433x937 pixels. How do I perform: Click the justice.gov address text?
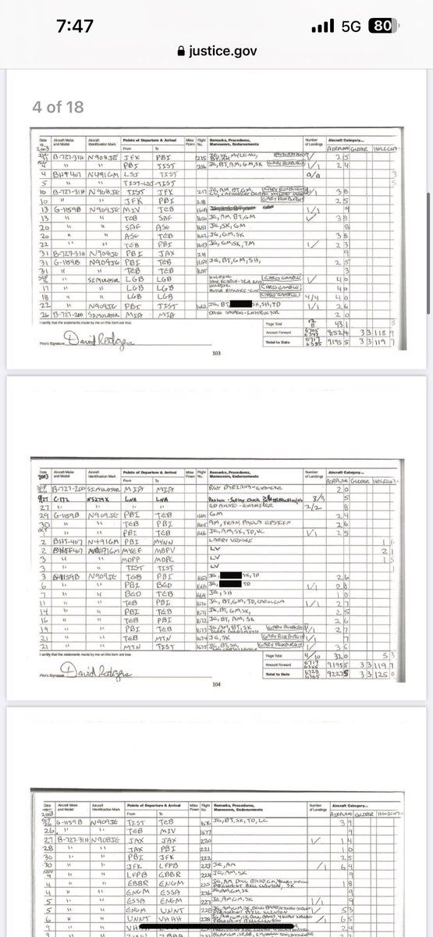pos(222,52)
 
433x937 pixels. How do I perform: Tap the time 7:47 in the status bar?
pos(75,26)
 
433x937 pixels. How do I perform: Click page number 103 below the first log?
pos(217,353)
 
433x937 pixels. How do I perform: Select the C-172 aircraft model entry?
pos(63,496)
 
